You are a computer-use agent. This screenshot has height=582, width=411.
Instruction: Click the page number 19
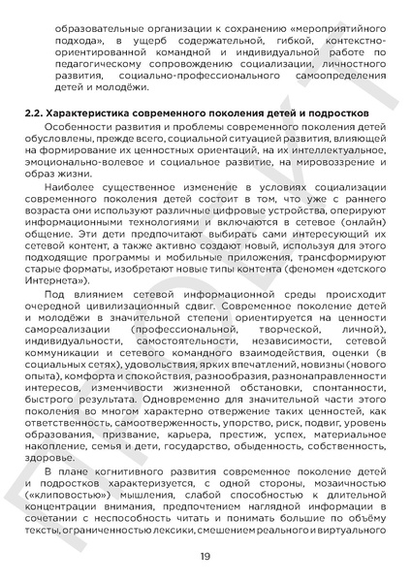click(205, 556)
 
